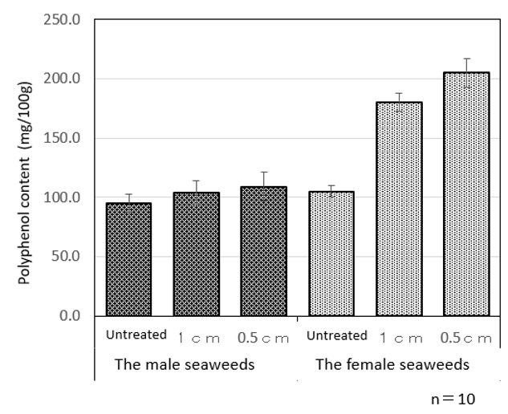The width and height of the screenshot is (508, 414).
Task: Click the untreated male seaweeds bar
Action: point(128,259)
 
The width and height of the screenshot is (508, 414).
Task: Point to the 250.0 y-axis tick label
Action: point(66,19)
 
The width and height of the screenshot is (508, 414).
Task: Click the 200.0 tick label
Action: point(66,79)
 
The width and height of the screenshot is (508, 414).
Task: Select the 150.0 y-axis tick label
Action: point(66,138)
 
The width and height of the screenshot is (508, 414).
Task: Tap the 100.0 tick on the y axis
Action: point(66,197)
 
